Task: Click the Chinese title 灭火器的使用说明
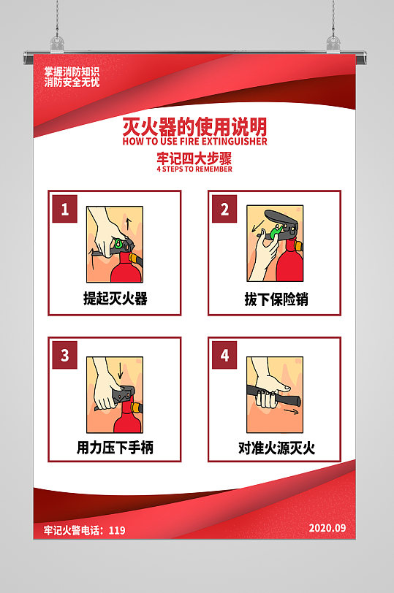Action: pos(195,126)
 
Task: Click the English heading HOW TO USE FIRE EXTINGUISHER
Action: pos(195,142)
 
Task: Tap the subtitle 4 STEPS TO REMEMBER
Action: pos(194,169)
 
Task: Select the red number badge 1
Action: pos(65,210)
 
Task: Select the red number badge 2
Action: pos(224,210)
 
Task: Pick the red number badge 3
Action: pos(65,356)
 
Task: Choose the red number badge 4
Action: pos(224,356)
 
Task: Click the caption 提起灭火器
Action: pos(115,299)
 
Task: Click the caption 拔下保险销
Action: pos(275,299)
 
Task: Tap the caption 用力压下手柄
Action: pos(115,448)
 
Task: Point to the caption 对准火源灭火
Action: pos(276,448)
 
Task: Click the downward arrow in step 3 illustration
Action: pos(121,372)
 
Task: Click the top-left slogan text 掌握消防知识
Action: pos(71,72)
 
